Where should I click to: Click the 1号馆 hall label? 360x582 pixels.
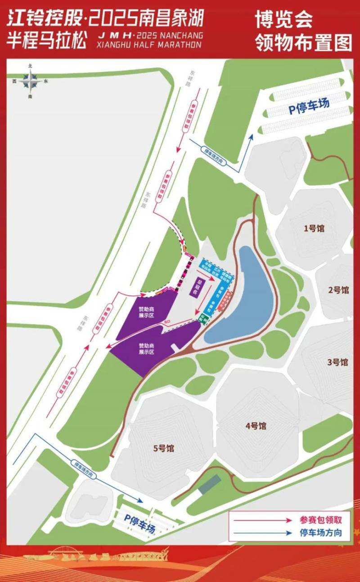pos(314,228)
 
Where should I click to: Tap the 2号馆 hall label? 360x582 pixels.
pos(338,290)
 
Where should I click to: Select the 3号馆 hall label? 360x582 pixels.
pos(337,362)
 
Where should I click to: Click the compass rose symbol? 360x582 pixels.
pos(30,81)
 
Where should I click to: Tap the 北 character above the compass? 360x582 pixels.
pos(30,66)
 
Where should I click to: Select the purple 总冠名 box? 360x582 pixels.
pos(196,287)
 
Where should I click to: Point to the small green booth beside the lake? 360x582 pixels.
pos(203,317)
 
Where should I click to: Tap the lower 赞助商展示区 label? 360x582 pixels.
pos(147,349)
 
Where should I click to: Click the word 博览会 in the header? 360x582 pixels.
pos(283,20)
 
